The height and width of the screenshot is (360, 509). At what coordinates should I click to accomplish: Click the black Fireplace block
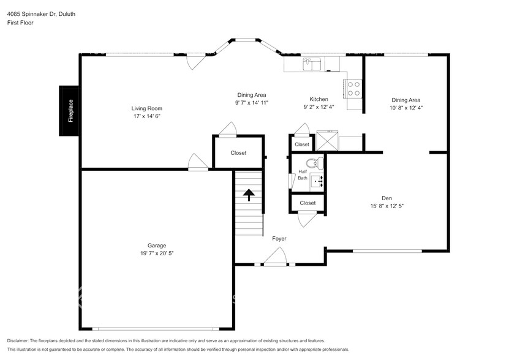click(x=69, y=111)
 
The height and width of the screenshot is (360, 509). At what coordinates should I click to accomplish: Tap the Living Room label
click(x=147, y=108)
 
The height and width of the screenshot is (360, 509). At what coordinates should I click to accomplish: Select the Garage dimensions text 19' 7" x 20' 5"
click(x=156, y=253)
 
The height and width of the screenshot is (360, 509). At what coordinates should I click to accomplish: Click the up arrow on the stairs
click(x=249, y=195)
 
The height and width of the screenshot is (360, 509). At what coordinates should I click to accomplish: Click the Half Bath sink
click(x=317, y=180)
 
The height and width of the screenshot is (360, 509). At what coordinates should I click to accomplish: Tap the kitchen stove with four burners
click(x=355, y=89)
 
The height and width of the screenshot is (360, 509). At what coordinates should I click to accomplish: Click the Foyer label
click(x=279, y=239)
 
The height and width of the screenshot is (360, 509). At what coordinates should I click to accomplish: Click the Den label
click(x=386, y=198)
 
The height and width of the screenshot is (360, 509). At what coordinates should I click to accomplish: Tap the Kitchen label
click(x=319, y=99)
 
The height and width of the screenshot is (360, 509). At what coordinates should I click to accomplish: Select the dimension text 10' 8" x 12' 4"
click(x=406, y=107)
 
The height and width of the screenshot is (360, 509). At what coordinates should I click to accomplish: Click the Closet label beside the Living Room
click(x=238, y=153)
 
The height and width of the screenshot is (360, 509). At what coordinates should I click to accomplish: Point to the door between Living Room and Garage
click(x=198, y=162)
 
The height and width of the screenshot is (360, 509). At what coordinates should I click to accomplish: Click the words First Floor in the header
click(x=21, y=23)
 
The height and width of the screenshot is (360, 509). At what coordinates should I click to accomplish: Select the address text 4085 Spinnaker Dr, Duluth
click(x=42, y=13)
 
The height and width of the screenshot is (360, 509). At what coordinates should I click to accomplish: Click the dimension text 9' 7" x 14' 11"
click(x=251, y=103)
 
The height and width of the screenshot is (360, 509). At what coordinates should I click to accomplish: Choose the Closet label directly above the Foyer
click(x=307, y=203)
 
